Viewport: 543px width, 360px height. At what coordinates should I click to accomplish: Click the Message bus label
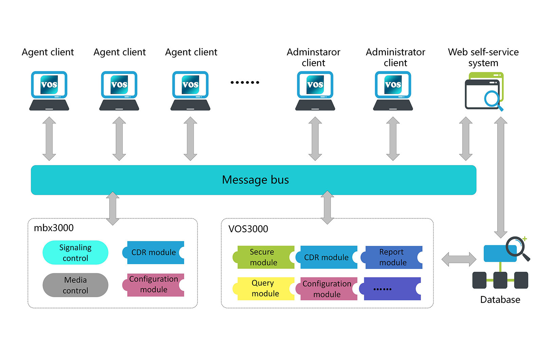[x=255, y=180]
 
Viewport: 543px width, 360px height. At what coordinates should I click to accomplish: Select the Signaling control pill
[x=75, y=253]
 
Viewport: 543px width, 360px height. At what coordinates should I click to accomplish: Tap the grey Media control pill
[x=75, y=285]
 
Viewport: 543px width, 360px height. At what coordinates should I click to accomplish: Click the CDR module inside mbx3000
[x=153, y=253]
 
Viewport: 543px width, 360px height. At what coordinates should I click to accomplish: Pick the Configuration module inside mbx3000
[x=153, y=285]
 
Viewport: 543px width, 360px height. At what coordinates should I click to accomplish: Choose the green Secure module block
[x=263, y=257]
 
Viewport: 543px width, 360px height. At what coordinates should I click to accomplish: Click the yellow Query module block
[x=263, y=288]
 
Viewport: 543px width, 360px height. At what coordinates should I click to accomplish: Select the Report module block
[x=392, y=257]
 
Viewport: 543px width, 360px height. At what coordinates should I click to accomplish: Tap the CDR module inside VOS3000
[x=326, y=257]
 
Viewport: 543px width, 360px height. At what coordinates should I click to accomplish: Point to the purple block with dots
[x=390, y=289]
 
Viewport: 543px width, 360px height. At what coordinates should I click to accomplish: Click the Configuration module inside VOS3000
[x=326, y=289]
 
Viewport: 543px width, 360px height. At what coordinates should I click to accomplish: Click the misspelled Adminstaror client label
[x=313, y=57]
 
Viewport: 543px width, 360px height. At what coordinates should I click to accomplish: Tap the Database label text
[x=500, y=300]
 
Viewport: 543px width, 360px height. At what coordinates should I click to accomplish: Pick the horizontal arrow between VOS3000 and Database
[x=459, y=259]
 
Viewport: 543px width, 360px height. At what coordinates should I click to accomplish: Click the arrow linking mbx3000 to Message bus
[x=113, y=209]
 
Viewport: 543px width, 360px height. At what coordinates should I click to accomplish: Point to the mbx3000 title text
[x=54, y=228]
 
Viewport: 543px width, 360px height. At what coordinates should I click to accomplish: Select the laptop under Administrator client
[x=393, y=91]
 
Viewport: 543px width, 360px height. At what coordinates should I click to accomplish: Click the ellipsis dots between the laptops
[x=245, y=83]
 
